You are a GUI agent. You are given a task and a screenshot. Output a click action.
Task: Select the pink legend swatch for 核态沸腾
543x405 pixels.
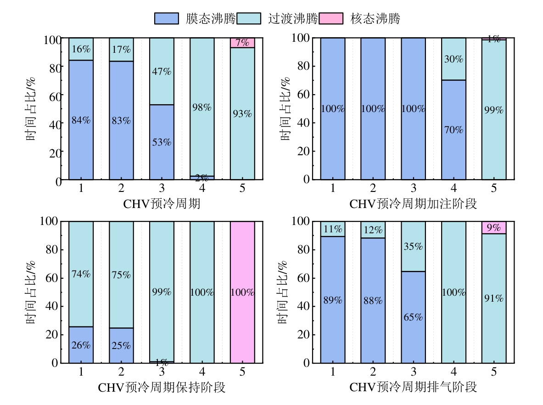[333, 18]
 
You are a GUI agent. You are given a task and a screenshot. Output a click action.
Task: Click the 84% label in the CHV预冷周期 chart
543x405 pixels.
[81, 121]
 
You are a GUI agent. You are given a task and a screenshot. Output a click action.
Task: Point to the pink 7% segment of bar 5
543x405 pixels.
[242, 43]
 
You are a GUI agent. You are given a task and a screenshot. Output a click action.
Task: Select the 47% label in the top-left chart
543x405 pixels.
[162, 72]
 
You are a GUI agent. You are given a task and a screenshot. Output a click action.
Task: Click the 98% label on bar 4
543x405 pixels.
[202, 107]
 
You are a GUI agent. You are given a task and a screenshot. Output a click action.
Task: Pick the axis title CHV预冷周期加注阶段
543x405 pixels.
[413, 204]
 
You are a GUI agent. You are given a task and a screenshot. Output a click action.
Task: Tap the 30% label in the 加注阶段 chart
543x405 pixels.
[453, 59]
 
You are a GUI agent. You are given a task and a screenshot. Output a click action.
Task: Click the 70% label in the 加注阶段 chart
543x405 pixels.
[453, 130]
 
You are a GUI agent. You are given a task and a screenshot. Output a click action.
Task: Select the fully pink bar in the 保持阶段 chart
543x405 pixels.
[242, 292]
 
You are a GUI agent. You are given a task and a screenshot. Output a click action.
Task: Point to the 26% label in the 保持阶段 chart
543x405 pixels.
[81, 345]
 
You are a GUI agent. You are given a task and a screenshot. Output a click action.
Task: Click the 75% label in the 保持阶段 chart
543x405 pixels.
[121, 275]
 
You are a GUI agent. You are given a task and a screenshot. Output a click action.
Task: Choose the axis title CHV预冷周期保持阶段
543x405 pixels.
[162, 388]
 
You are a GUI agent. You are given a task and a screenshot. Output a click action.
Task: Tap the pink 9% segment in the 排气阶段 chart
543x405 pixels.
[494, 228]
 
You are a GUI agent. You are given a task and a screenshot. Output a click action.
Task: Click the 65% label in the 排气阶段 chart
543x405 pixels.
[413, 317]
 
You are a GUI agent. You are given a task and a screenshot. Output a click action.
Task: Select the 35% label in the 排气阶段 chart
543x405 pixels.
[413, 247]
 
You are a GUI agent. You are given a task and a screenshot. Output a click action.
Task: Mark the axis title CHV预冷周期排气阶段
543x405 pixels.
[413, 388]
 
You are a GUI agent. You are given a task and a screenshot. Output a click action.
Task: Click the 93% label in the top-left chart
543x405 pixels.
[242, 114]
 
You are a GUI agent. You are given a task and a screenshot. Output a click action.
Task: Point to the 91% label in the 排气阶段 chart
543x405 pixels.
[494, 298]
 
